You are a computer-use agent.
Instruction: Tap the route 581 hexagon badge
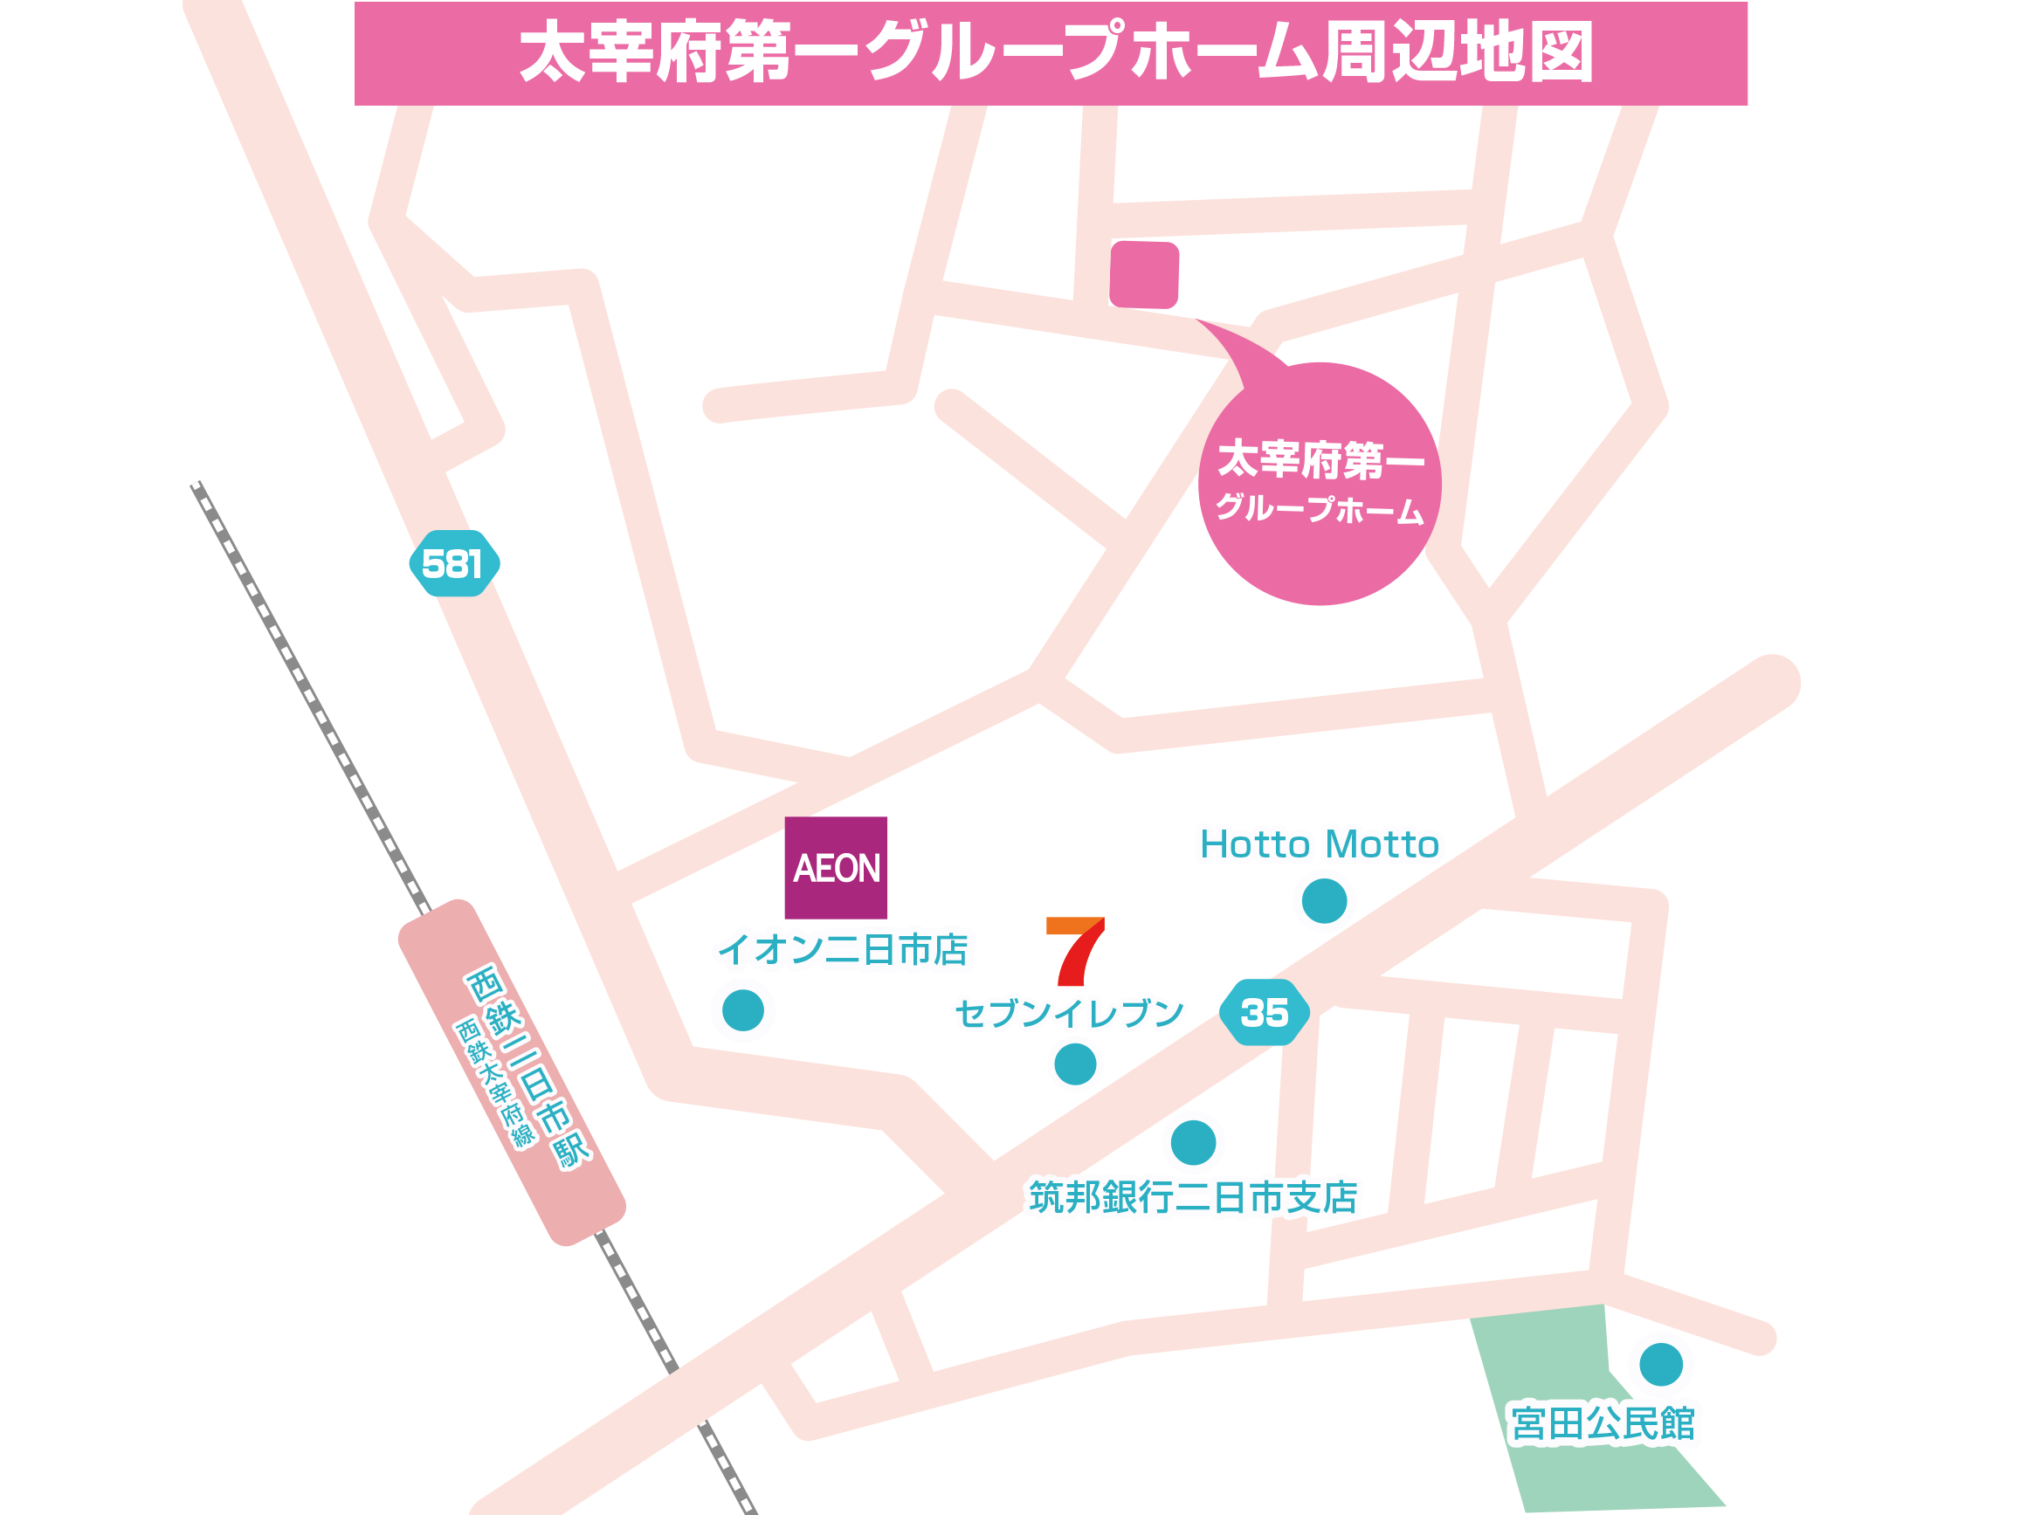tap(454, 563)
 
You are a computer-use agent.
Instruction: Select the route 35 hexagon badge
tap(1264, 1012)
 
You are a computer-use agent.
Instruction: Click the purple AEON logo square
tap(836, 868)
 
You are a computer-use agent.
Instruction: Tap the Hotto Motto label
tap(1319, 844)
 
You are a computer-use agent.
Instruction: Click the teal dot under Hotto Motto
tap(1324, 901)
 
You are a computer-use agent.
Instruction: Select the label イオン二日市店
tap(842, 950)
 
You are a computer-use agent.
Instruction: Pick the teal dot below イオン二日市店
tap(742, 1011)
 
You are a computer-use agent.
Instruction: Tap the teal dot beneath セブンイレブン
tap(1075, 1064)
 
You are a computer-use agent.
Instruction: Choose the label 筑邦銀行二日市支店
tap(1193, 1197)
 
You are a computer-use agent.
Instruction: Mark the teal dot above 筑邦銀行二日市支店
tap(1193, 1142)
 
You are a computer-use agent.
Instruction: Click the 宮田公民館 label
tap(1603, 1423)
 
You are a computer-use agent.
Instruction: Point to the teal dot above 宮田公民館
tap(1661, 1364)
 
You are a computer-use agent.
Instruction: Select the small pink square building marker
tap(1144, 274)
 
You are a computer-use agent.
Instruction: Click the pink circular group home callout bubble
tap(1320, 484)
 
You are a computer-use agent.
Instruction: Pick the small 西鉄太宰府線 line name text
tap(494, 1082)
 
